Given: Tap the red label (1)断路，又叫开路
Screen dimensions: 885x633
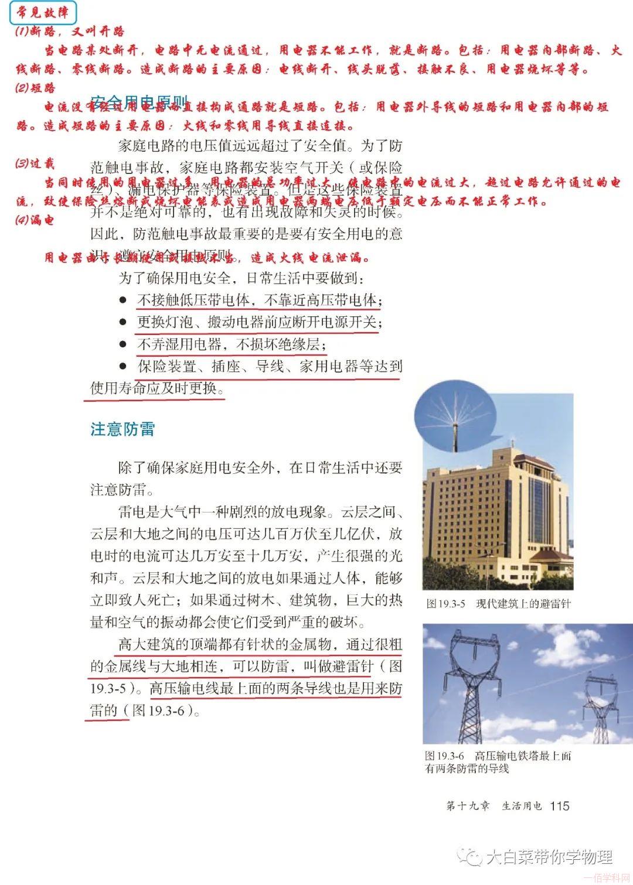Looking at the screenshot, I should point(70,32).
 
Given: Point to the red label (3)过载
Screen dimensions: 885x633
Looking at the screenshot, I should point(35,163).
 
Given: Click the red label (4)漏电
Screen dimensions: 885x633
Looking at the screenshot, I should point(35,220).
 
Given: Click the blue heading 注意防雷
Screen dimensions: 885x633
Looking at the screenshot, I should point(122,429).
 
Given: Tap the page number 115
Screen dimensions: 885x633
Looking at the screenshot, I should point(560,806).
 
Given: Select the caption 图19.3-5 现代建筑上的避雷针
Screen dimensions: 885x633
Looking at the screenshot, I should point(498,603).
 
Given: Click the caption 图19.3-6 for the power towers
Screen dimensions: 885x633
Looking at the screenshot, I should point(498,762).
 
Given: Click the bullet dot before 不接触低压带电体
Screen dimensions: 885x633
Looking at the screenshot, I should point(123,300).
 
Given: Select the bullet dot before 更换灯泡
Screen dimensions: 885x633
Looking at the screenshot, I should point(123,322).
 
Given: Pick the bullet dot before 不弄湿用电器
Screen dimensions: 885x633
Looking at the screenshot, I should point(123,344).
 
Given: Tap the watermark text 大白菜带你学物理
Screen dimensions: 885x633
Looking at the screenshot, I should point(549,857).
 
